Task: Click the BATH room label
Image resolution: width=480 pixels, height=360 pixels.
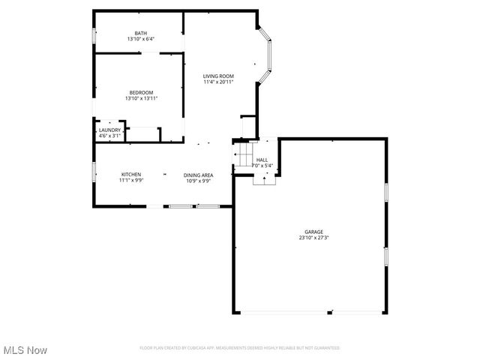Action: [141, 33]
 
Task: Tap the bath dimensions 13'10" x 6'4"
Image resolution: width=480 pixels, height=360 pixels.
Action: [141, 40]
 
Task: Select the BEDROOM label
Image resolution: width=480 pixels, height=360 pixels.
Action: [141, 92]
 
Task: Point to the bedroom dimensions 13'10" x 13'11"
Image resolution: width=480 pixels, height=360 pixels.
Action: [141, 98]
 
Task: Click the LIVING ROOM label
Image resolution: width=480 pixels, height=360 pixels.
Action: [219, 76]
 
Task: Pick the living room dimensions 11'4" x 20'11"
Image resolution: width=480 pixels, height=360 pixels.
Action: [219, 82]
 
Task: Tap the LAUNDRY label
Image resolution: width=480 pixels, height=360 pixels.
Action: [109, 130]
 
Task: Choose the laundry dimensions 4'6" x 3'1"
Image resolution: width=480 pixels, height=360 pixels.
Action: [109, 136]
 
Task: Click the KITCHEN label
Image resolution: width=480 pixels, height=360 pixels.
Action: [131, 175]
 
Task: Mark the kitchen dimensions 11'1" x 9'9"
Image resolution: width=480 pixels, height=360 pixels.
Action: [131, 181]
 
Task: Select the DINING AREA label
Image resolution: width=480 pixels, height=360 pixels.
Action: [199, 175]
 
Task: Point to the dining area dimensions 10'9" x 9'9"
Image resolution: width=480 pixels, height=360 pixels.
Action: [199, 181]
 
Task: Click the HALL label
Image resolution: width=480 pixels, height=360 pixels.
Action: [262, 160]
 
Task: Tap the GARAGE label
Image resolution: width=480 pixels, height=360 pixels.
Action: [313, 232]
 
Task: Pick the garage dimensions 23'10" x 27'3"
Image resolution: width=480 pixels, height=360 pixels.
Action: [313, 238]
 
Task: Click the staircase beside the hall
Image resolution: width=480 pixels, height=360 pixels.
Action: [244, 156]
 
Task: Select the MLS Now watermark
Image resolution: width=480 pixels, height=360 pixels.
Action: [25, 350]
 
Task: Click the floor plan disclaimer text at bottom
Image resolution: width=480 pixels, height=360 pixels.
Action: [240, 348]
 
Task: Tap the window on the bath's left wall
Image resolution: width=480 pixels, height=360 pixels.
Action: [94, 36]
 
